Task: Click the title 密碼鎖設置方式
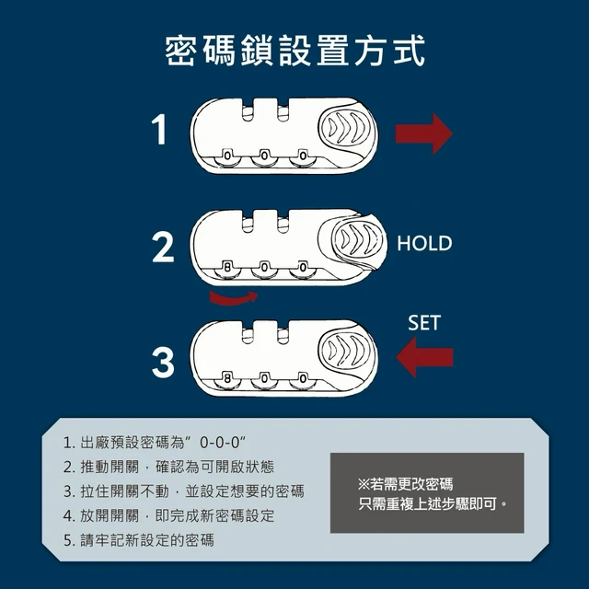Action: (295, 51)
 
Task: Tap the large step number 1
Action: (160, 130)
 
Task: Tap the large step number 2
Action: (163, 248)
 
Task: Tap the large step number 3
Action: (163, 362)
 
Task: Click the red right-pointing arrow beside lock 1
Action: (423, 133)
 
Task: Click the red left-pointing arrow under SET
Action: (424, 357)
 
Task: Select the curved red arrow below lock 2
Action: (233, 299)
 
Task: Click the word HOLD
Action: (424, 243)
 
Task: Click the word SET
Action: (423, 323)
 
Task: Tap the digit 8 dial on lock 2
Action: (227, 268)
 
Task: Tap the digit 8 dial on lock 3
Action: (227, 378)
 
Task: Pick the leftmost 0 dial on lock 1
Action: (227, 155)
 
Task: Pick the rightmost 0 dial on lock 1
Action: (303, 155)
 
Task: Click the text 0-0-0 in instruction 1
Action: (220, 443)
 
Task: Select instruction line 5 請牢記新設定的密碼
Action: (139, 540)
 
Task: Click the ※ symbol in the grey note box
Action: (364, 484)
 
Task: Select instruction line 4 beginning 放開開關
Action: (169, 516)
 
